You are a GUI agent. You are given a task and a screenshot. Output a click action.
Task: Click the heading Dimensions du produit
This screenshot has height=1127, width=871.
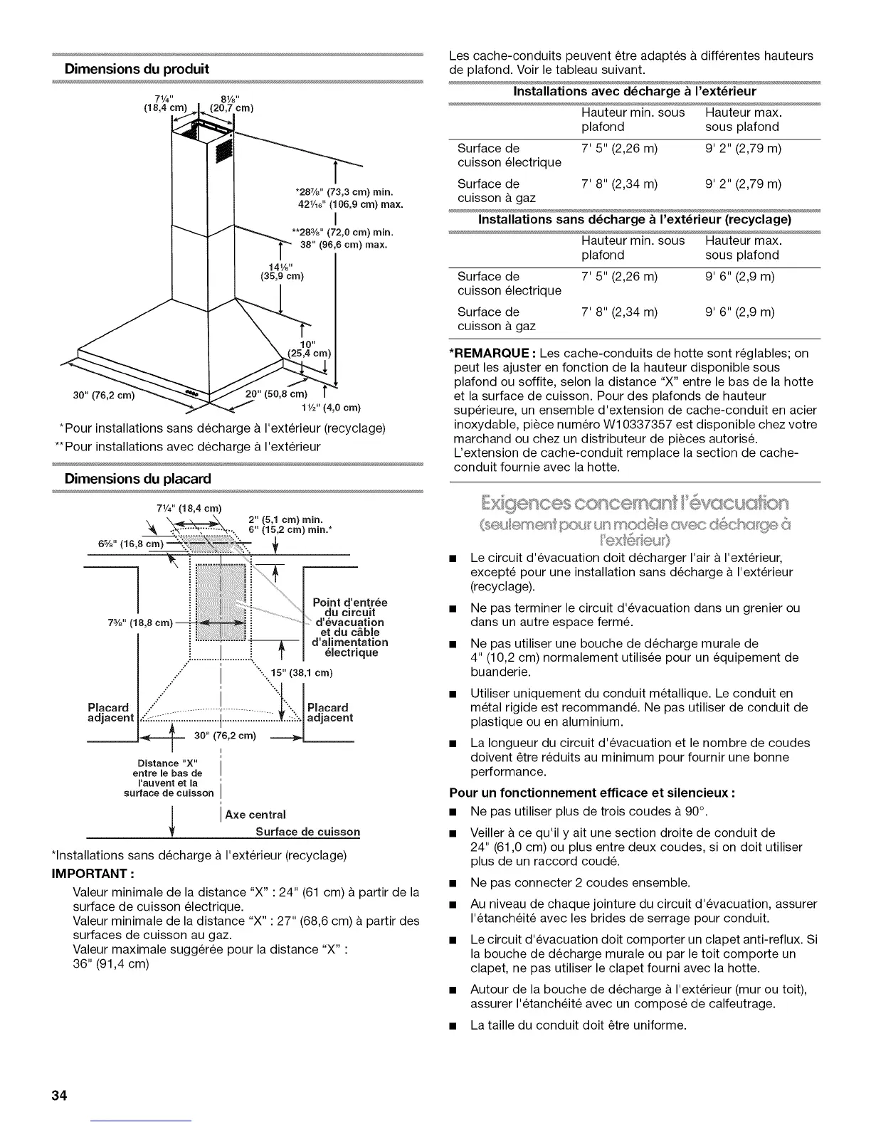137,69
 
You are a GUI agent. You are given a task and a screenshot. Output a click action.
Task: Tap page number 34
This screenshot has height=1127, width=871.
58,1095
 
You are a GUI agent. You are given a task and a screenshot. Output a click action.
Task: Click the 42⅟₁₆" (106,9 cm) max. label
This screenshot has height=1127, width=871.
351,205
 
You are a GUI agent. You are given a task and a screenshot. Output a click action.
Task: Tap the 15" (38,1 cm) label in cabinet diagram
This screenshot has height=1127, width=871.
302,672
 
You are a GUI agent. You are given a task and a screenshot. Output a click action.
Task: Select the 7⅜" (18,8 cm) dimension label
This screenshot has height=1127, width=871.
142,623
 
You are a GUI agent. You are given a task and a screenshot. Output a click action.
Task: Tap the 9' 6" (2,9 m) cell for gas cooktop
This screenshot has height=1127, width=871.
740,312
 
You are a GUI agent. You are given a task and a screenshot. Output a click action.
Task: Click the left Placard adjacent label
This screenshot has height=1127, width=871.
110,713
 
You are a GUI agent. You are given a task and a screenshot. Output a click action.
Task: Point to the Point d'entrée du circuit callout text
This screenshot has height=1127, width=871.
349,608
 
